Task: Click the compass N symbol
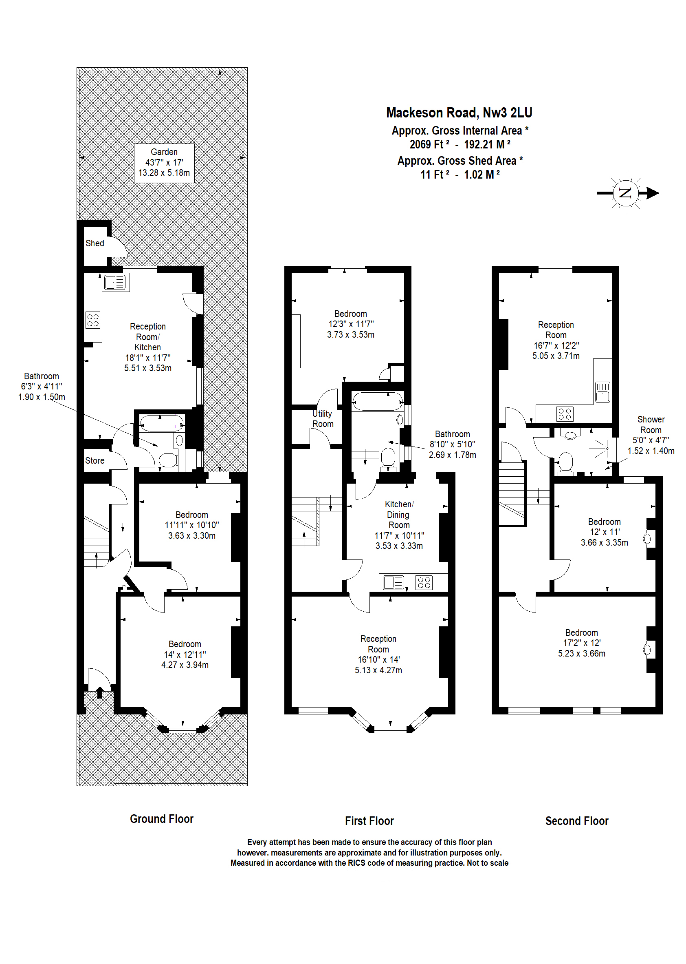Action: (x=625, y=193)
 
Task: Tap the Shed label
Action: (x=95, y=243)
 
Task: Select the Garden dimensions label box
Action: (x=164, y=163)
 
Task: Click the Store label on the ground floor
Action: (x=95, y=460)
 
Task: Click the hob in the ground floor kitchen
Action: (x=92, y=320)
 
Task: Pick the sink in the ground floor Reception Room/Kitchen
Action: (x=115, y=282)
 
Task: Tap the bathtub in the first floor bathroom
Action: (x=378, y=401)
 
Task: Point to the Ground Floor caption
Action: (x=161, y=819)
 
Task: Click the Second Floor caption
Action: (x=576, y=821)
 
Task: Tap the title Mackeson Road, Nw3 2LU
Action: (x=459, y=113)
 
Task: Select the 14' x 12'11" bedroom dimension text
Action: (x=185, y=654)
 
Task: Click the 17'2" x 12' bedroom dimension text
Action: (x=581, y=643)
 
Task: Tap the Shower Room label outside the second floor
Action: (x=651, y=425)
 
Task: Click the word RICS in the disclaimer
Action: (x=356, y=863)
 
